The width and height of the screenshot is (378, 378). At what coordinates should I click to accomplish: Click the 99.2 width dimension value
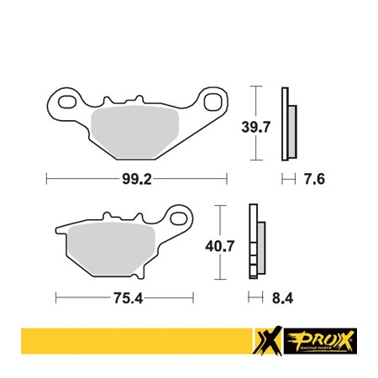coord(137,179)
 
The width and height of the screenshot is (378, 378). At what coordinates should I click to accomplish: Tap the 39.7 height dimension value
coord(256,127)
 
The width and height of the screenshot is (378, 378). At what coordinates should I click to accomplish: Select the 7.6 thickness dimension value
coord(314,179)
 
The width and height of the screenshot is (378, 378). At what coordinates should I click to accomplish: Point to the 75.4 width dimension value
coord(129,298)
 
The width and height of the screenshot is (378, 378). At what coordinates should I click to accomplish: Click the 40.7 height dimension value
coord(220,246)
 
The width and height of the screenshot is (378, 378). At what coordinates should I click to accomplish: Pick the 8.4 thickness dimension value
coord(282,298)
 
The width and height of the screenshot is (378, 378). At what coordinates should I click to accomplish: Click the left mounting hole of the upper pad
coord(67,102)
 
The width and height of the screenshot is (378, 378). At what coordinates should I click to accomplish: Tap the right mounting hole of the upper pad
coord(212,102)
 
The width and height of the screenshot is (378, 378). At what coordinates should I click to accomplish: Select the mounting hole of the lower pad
coord(179,218)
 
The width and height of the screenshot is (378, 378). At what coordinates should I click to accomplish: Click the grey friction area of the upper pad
coord(135,132)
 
